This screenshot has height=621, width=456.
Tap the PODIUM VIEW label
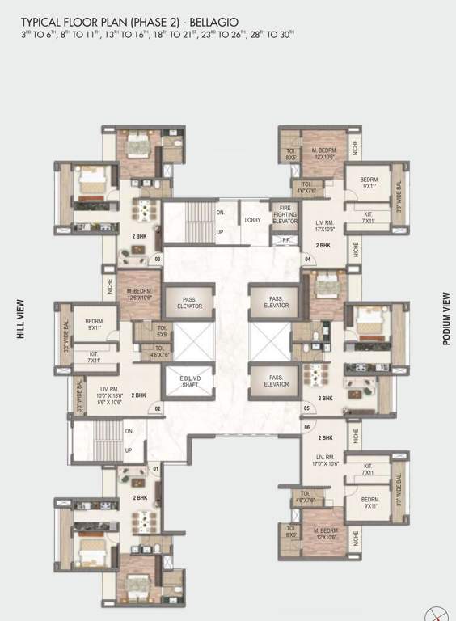[445, 319]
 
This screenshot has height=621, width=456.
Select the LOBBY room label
[252, 218]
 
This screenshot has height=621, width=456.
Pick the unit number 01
[156, 468]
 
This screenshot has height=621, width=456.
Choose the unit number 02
[158, 409]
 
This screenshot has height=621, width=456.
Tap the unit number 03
[158, 259]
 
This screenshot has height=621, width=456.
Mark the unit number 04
[308, 259]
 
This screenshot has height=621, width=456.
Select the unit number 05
[307, 408]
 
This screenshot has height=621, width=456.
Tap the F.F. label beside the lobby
[284, 240]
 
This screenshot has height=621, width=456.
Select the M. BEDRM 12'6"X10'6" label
[141, 294]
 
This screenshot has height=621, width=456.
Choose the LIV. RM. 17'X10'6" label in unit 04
[325, 227]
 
